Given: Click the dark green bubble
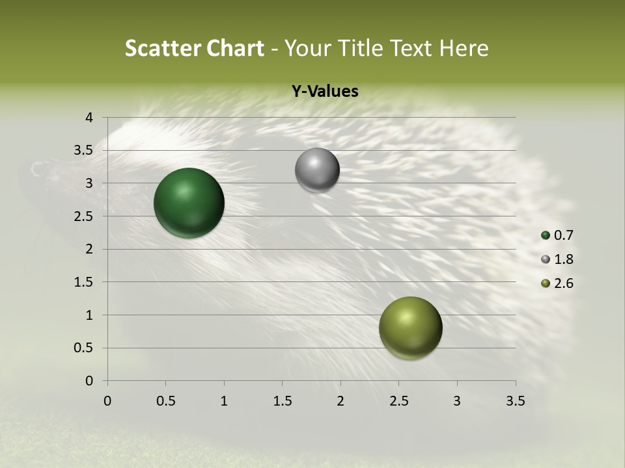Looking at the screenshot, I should pos(189,203).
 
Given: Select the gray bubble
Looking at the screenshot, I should pos(317,170).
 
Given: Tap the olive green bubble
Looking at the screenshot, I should pos(410,328).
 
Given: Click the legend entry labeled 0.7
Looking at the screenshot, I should pos(558,235).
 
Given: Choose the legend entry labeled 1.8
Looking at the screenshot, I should pos(558,259).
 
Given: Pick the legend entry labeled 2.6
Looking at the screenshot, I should pos(558,283).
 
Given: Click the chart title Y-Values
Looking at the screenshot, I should pos(324,92).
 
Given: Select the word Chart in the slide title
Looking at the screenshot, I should pos(234,48).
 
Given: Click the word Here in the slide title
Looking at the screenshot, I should pos(463,48).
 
